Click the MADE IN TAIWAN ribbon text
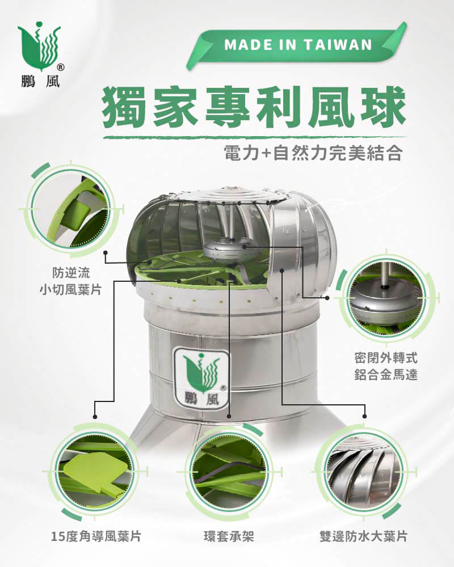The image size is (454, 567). coord(298,45)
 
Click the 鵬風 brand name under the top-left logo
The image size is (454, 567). coord(40,82)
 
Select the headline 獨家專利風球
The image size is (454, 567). coord(254,107)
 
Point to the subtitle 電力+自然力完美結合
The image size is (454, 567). coord(313,153)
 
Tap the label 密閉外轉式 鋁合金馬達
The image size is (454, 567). coord(386,367)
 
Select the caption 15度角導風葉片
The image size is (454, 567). coord(96,536)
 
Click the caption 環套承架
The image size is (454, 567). coord(229,536)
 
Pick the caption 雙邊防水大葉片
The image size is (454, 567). coord(364,536)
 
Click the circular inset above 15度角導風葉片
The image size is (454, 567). coord(95,472)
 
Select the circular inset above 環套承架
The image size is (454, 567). coord(229,472)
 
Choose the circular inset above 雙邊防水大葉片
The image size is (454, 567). coord(364,472)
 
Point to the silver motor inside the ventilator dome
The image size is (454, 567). coord(231,249)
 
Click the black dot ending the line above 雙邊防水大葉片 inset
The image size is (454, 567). coord(364,417)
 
